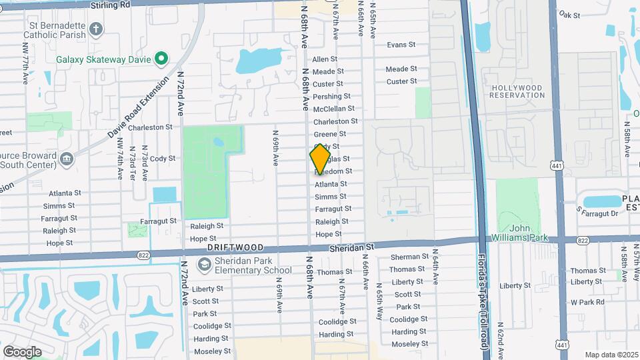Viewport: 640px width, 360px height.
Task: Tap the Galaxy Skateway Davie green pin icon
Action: tap(161, 59)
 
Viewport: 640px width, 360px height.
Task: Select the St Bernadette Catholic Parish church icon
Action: tap(96, 29)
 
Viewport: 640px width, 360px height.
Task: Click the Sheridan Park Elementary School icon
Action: tap(203, 265)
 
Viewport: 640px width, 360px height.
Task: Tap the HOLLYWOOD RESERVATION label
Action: tap(517, 91)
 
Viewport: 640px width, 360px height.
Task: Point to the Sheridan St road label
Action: tap(352, 247)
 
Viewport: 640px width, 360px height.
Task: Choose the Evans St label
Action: tap(401, 45)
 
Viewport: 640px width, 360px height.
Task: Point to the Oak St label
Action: tap(570, 14)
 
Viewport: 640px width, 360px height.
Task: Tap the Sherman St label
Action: tap(410, 257)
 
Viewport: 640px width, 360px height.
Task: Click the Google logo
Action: tap(22, 351)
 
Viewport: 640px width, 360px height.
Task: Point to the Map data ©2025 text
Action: tap(611, 355)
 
